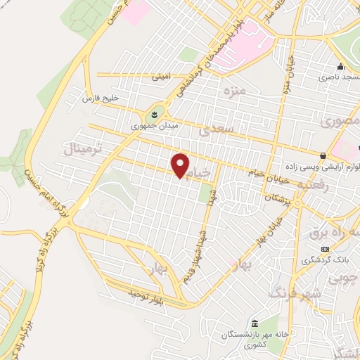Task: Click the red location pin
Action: [181, 165]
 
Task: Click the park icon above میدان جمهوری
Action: [154, 115]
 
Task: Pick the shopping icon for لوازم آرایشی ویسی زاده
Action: [323, 155]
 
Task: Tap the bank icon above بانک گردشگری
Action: [325, 249]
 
